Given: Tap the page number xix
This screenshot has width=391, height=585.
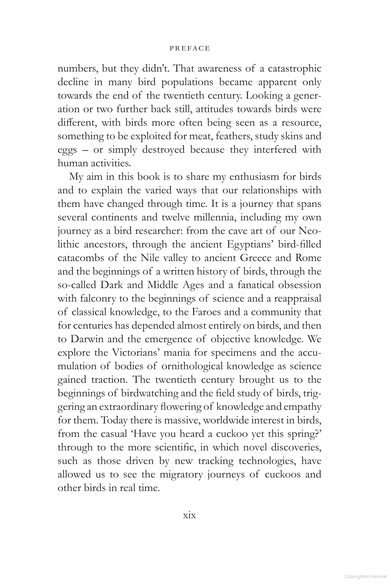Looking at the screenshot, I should click(x=189, y=515).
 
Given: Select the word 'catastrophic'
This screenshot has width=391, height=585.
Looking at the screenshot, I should click(x=294, y=69).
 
